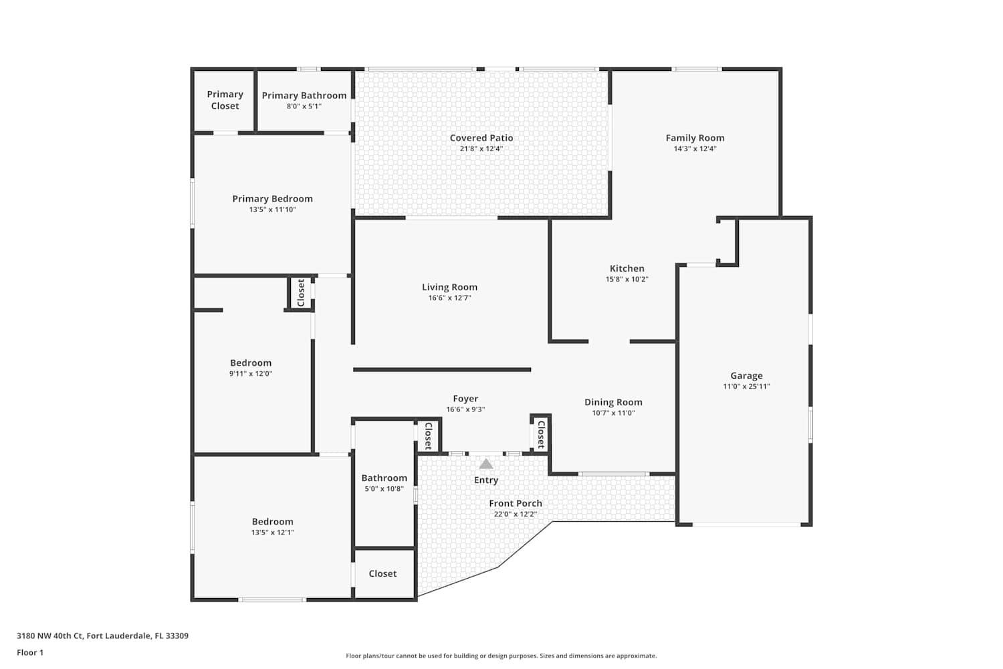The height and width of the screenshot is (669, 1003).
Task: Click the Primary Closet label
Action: point(225,100)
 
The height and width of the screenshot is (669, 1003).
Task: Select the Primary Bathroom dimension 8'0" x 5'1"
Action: point(304,106)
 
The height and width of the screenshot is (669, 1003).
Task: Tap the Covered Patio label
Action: point(481,138)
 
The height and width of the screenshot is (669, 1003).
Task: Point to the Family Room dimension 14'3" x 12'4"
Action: point(695,149)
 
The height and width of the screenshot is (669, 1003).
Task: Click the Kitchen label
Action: point(627,268)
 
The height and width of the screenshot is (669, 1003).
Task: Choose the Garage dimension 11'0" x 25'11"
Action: point(746,386)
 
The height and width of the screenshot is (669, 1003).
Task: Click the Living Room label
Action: point(449,287)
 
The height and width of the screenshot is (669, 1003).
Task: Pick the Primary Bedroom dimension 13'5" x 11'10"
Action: point(272,209)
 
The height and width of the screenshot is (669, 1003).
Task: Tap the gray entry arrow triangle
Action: point(486,464)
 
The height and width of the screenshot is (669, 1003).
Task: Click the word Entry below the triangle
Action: point(486,480)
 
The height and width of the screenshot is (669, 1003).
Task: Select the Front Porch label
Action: point(515,503)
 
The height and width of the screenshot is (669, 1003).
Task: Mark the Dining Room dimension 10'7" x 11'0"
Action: point(613,413)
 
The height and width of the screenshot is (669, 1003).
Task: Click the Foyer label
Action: point(465,399)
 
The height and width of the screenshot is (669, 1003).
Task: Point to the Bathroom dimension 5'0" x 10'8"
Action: point(384,488)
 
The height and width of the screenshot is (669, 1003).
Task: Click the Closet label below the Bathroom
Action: point(382,573)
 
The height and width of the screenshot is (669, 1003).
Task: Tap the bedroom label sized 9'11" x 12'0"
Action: point(251,363)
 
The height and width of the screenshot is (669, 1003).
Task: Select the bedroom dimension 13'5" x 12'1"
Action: point(272,533)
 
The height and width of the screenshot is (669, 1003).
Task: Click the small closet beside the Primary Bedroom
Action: point(301,293)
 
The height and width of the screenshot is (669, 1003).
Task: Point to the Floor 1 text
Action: point(30,652)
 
